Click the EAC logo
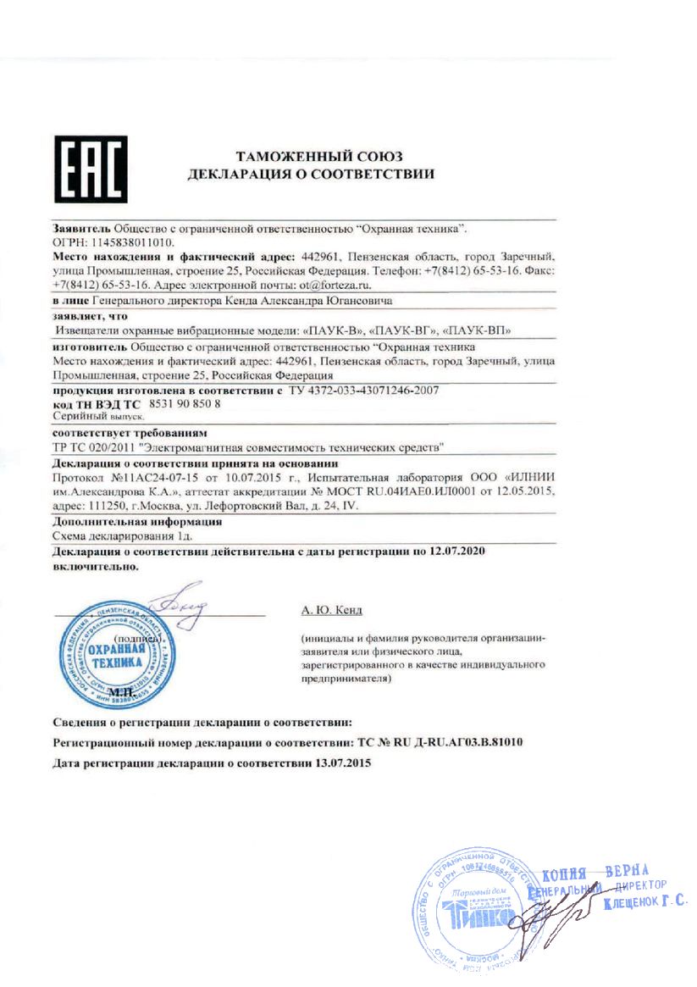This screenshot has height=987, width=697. point(91,169)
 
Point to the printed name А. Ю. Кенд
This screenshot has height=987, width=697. point(330,609)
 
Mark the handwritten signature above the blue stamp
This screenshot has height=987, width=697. point(178,599)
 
